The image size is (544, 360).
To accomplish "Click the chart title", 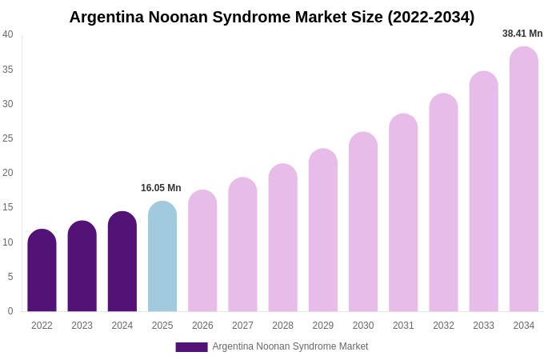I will coord(271,17).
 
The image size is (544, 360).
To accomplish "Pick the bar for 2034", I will coord(524,179).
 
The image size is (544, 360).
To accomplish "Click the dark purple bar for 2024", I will coord(122,262).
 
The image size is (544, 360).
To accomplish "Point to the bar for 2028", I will coord(282,238).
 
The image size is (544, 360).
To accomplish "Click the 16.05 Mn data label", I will coord(161,188).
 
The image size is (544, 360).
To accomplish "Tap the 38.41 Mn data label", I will coord(522,34).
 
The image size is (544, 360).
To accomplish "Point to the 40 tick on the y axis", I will coord(8,34).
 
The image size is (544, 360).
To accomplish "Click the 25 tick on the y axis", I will coord(8,138).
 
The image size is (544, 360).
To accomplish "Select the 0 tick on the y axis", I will coord(10,311).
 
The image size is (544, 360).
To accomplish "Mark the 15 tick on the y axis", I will coord(8,207).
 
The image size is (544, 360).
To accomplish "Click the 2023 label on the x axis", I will coord(82,326).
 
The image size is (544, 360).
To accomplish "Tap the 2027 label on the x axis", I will coord(242,326).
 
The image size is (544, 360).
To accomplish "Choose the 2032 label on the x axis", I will coord(443,326).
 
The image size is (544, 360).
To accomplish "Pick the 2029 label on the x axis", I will coord(323,326).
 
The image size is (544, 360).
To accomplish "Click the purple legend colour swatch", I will coord(191,347).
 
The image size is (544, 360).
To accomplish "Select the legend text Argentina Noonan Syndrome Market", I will coord(290,346).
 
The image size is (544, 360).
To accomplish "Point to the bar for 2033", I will coord(483,191).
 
